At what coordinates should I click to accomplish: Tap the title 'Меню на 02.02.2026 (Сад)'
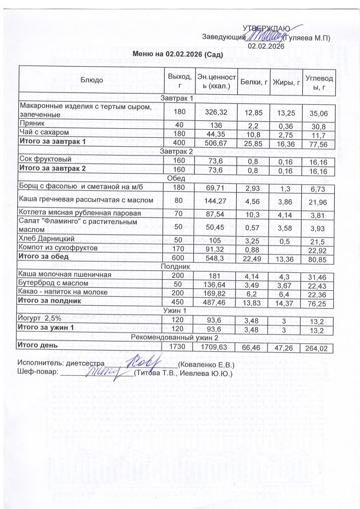click(x=177, y=54)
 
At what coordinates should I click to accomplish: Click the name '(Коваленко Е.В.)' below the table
click(x=206, y=363)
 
